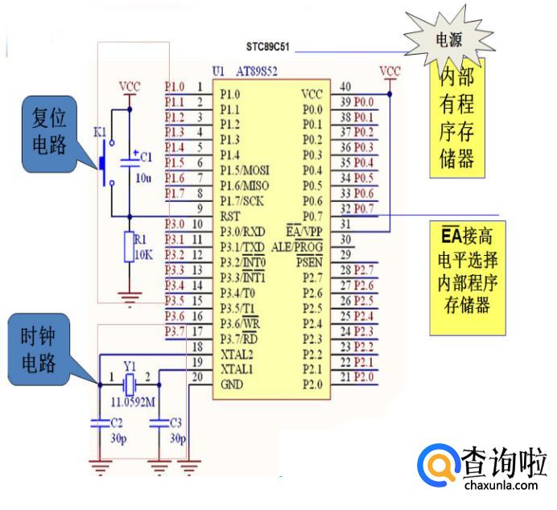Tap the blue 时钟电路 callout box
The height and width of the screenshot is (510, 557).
click(x=41, y=351)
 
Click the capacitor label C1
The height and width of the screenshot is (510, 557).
click(x=145, y=158)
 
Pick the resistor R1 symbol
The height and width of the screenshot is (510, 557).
click(x=128, y=247)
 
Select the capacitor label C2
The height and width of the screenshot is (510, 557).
click(x=117, y=422)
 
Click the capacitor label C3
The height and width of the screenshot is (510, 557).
click(x=176, y=422)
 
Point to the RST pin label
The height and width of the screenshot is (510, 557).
click(x=229, y=216)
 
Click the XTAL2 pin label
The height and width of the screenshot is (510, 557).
click(x=237, y=354)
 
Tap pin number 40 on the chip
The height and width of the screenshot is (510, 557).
click(x=345, y=86)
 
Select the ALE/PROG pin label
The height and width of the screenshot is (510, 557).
click(x=297, y=246)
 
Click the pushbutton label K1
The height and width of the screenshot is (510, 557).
click(x=100, y=130)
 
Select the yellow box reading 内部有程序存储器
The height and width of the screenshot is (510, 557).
click(x=456, y=117)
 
